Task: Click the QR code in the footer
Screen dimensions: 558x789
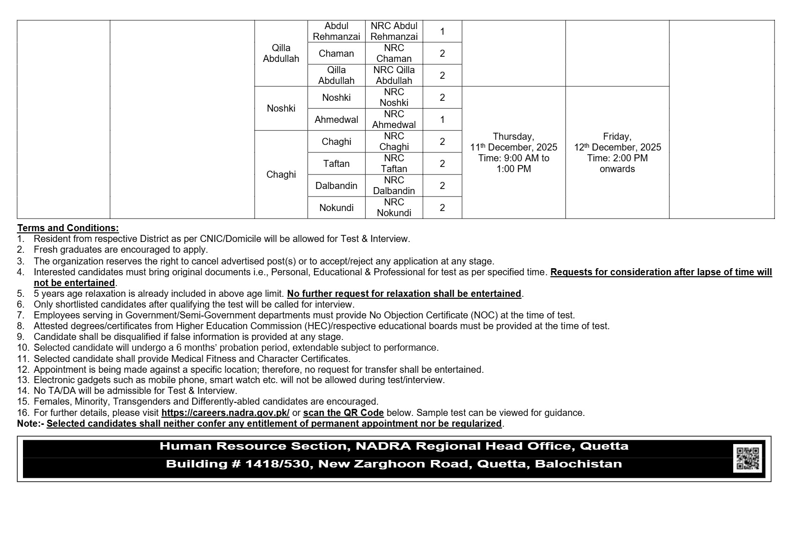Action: [x=747, y=459]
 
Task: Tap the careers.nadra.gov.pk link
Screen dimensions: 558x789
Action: [x=225, y=413]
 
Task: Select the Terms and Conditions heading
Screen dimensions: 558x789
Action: [x=68, y=228]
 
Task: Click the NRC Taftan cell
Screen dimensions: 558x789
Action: [x=394, y=164]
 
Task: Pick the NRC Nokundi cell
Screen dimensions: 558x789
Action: [x=394, y=208]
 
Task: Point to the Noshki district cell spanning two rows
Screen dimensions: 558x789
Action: [x=281, y=108]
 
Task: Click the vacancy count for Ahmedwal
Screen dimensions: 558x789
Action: [x=442, y=120]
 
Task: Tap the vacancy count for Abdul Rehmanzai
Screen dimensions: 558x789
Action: [x=442, y=31]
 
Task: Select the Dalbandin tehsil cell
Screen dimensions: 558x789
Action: [x=336, y=186]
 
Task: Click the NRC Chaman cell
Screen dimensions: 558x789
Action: [x=394, y=53]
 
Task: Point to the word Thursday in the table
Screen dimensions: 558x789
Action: [x=513, y=136]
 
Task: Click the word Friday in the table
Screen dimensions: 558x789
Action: [x=616, y=136]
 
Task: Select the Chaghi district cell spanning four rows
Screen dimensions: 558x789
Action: [x=281, y=174]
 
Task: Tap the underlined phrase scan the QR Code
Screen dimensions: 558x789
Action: [x=343, y=413]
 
